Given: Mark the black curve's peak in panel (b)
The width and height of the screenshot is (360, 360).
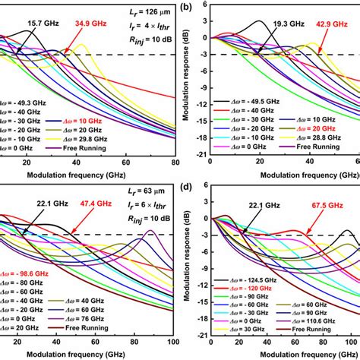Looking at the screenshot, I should (258, 21).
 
